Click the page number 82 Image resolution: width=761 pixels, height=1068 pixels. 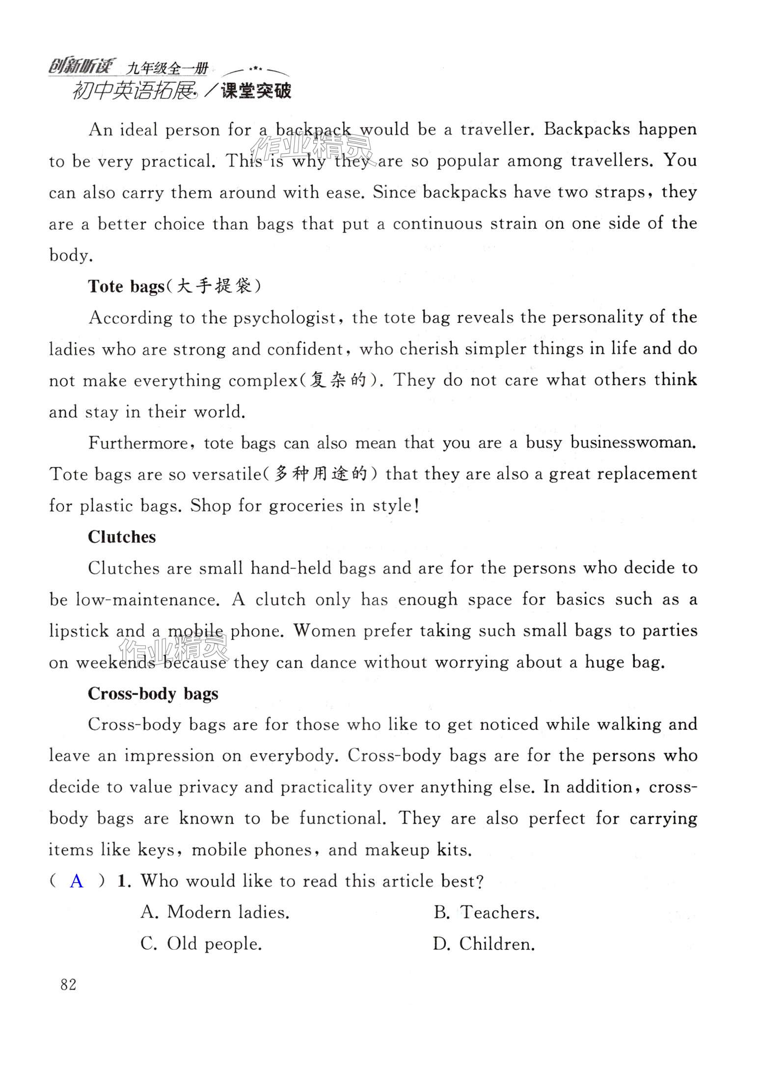click(68, 984)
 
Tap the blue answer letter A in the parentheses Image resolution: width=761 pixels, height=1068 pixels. click(77, 881)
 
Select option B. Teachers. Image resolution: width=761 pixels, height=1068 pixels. click(486, 912)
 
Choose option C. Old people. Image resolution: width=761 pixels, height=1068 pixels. click(201, 943)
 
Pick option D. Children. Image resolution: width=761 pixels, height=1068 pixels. click(484, 944)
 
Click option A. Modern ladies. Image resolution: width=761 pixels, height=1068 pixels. click(215, 912)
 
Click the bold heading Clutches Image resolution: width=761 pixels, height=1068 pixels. click(122, 537)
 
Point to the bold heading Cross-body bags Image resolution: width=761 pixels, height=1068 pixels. click(153, 694)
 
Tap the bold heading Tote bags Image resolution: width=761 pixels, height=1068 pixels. click(126, 287)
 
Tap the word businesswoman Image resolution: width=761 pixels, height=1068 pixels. click(633, 443)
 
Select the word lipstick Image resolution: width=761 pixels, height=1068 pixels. click(79, 631)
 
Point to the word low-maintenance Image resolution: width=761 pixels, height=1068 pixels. click(145, 600)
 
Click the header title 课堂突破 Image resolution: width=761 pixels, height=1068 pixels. click(256, 91)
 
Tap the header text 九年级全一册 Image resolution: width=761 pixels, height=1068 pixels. click(167, 68)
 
